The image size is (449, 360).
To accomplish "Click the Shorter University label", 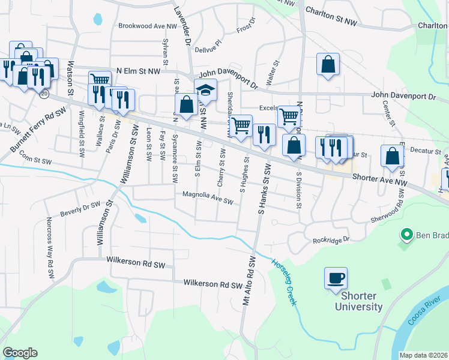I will tap(361, 301).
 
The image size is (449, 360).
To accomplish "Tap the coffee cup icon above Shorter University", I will tap(336, 278).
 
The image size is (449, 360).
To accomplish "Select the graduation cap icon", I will tap(205, 91).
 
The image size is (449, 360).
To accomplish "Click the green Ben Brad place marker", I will tap(406, 235).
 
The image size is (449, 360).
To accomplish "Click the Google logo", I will tap(20, 353).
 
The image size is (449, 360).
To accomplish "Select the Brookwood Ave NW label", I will tap(148, 26).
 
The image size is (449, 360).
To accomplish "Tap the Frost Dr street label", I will tap(246, 29).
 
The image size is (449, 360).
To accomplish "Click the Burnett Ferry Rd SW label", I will tap(38, 129).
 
